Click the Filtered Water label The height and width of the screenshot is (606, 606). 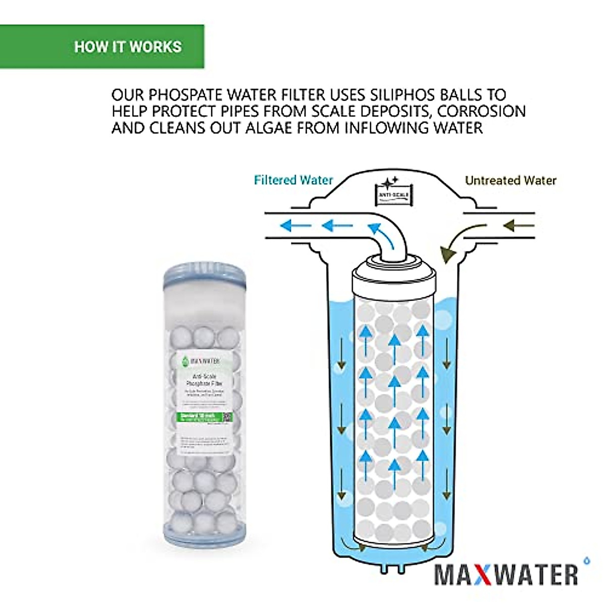tap(293, 180)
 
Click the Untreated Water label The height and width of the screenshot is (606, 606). tap(510, 180)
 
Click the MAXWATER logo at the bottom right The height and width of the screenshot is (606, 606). tap(507, 574)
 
